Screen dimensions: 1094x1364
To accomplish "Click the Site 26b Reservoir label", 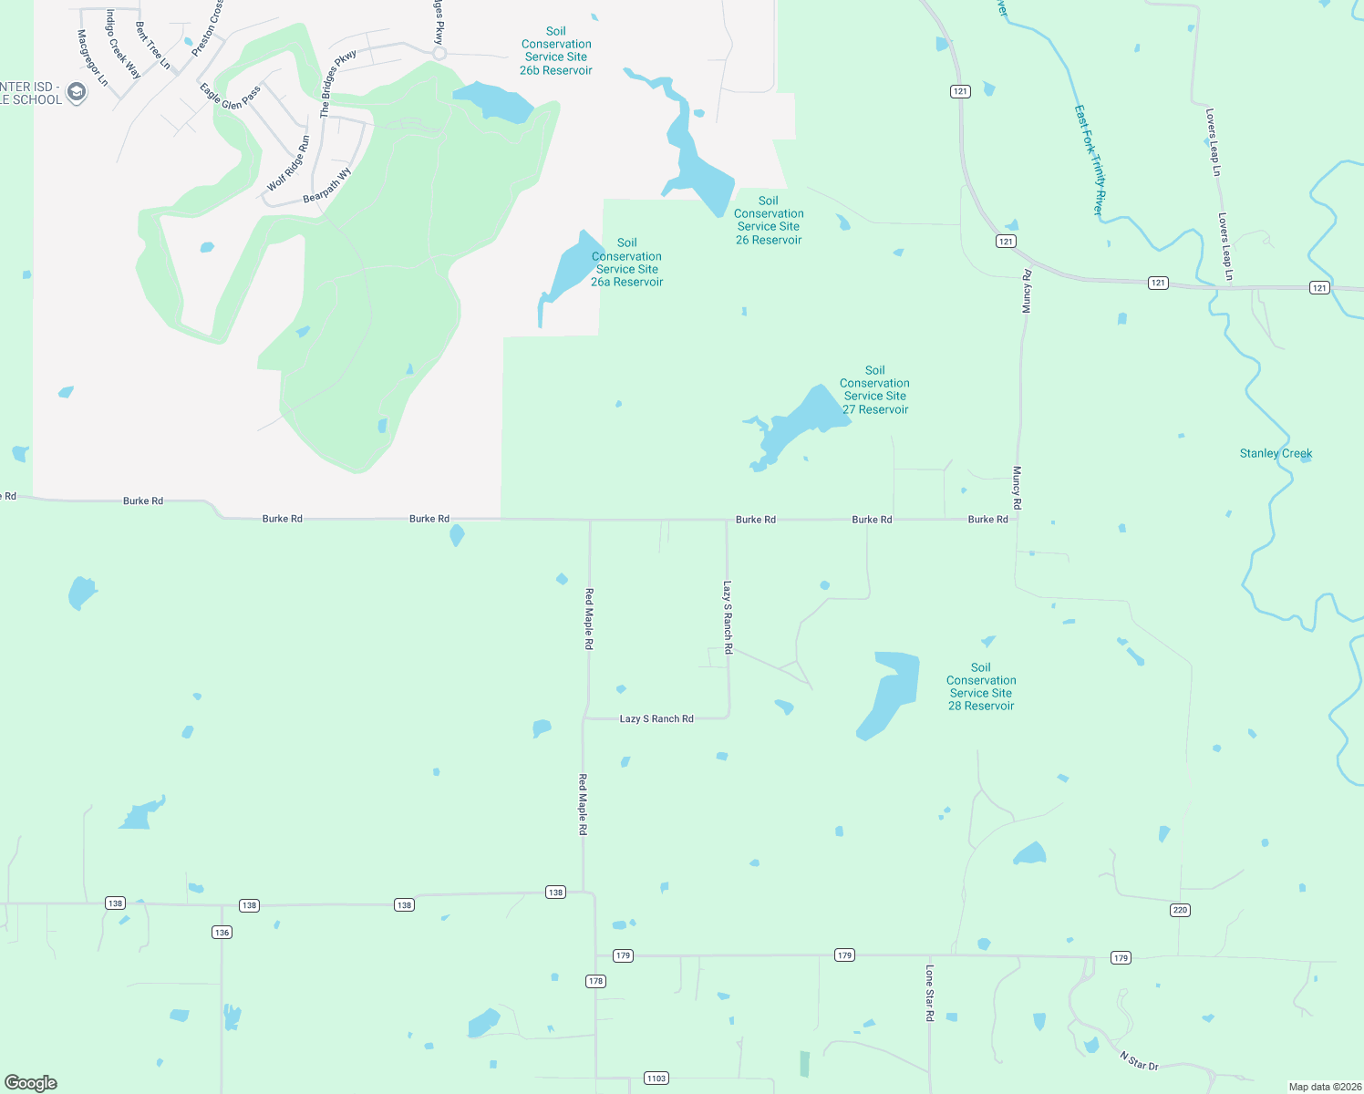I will point(556,51).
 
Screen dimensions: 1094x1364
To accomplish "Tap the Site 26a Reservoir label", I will point(626,263).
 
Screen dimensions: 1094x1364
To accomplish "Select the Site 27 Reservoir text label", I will point(874,390).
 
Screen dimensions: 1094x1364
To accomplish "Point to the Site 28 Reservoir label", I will point(981,686).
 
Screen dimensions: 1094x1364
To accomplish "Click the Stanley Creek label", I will point(1276,453).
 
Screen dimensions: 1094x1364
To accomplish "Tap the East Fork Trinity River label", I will point(1090,160).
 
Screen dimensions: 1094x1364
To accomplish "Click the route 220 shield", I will point(1180,910).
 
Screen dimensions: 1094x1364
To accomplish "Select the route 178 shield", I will point(595,981).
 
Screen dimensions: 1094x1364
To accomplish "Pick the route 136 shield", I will point(222,932).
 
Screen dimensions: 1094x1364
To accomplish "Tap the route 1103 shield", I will point(656,1078).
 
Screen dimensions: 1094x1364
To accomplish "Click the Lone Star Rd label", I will point(930,993).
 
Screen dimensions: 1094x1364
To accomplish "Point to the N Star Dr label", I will point(1139,1060).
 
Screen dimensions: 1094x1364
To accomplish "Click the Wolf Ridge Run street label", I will point(289,163).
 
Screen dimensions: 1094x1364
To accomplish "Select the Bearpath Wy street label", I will point(327,186).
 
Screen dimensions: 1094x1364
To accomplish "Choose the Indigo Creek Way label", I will point(123,45).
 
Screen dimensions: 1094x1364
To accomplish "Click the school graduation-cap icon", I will point(77,93).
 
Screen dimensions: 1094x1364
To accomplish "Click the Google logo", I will point(31,1082).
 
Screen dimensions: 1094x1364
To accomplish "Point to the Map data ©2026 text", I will point(1325,1087).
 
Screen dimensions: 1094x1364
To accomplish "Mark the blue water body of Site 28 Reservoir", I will point(888,693).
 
